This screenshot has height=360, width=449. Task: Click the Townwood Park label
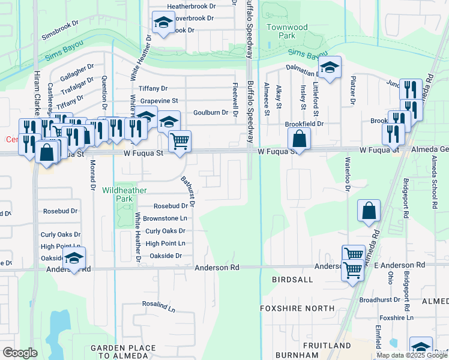pos(287,31)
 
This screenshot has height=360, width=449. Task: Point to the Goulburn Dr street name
pos(211,112)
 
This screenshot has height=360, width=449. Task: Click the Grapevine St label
pos(159,101)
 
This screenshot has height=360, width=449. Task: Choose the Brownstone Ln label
pos(165,218)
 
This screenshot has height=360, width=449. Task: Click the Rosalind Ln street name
pos(158,306)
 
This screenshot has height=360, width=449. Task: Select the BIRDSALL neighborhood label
pos(292,280)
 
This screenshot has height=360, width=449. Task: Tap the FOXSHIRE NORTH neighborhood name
pos(297,308)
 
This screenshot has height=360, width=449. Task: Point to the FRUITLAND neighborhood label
pos(327,346)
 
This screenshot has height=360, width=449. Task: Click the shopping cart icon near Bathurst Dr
pos(179,142)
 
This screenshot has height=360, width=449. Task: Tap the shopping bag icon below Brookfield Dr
pos(299,140)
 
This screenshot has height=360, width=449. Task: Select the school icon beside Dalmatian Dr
pos(329,68)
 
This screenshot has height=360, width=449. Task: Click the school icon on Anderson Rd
pos(74,259)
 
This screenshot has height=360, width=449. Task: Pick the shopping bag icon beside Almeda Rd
pos(369,211)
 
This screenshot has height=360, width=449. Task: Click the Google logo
pos(20,353)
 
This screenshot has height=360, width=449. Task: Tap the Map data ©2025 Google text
pos(411,355)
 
